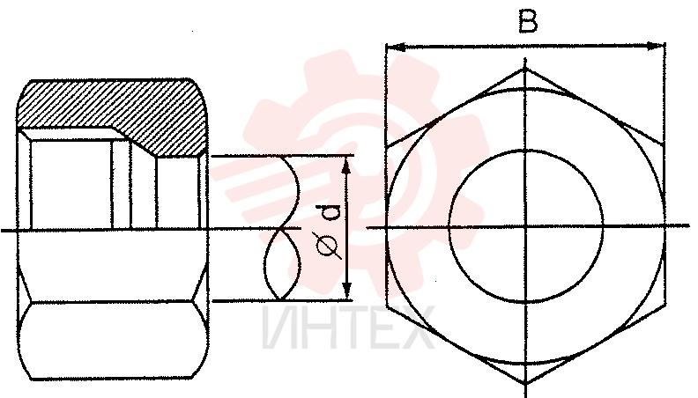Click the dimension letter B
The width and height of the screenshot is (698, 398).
click(x=528, y=21)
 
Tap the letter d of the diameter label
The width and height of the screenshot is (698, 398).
click(x=330, y=212)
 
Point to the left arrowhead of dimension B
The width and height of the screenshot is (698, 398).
click(x=396, y=47)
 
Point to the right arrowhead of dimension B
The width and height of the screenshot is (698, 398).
click(x=656, y=47)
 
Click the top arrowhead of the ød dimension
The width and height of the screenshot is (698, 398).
click(x=347, y=165)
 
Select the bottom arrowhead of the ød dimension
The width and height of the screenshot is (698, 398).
click(x=347, y=291)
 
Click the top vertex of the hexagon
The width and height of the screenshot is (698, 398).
click(x=526, y=68)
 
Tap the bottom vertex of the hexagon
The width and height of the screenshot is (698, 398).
click(x=526, y=383)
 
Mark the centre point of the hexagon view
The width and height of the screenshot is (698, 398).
click(x=526, y=227)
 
